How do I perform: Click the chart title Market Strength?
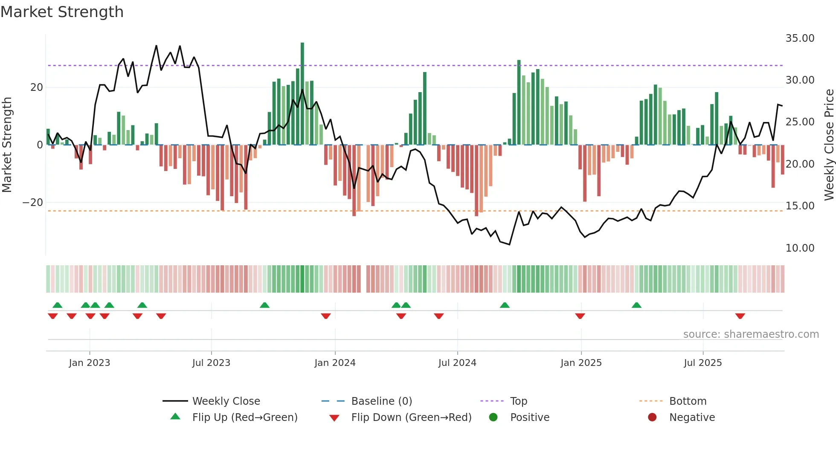coord(62,12)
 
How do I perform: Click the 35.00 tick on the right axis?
coord(800,38)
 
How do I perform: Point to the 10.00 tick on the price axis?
coord(800,248)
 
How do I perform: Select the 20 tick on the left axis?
coord(37,87)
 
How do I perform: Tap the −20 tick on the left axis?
coord(33,203)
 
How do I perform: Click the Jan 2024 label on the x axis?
coord(335,363)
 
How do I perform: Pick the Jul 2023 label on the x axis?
coord(211,363)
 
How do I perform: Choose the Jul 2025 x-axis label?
coord(702,363)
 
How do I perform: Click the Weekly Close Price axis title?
coord(829,145)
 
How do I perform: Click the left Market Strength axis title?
coord(7,145)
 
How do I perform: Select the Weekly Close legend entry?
coord(226,401)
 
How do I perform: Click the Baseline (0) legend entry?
coord(381,401)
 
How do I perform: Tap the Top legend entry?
coord(518,401)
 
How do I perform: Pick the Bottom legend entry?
coord(688,401)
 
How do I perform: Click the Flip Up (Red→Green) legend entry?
coord(244,418)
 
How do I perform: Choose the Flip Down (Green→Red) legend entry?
coord(411,418)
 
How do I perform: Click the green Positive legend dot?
coord(493,418)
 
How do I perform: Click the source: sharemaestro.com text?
coord(751,334)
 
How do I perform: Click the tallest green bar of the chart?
coord(302,94)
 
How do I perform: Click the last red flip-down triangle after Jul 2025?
coord(740,316)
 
